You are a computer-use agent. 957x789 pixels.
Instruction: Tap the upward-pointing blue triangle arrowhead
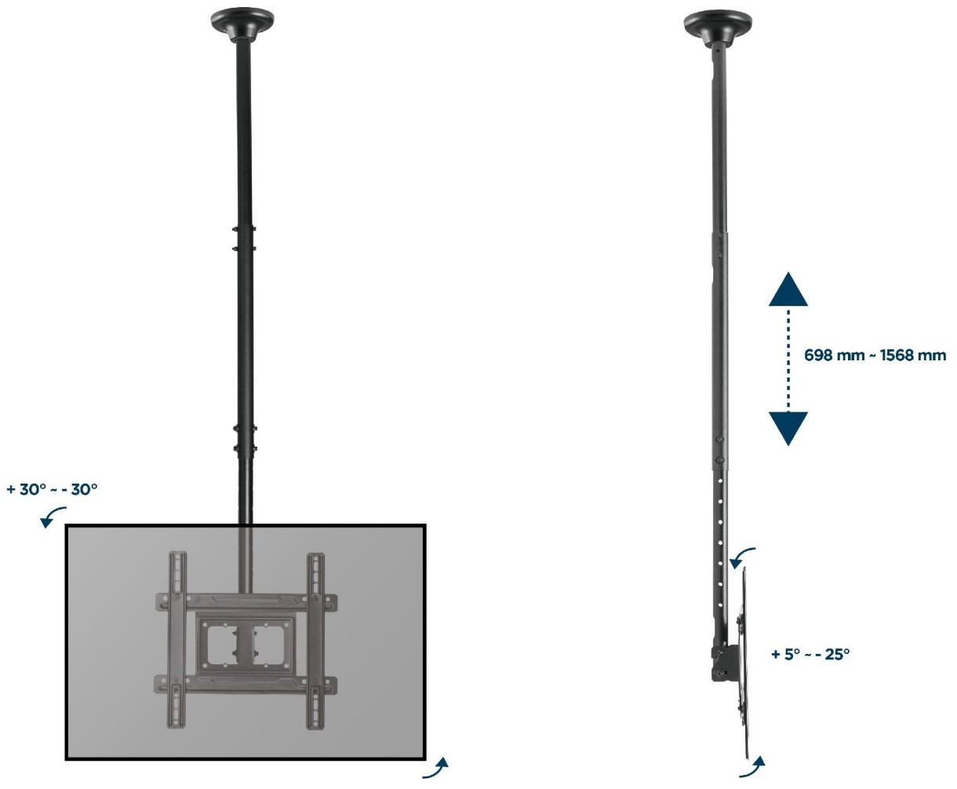click(788, 289)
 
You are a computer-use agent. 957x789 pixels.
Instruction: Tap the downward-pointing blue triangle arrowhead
click(788, 429)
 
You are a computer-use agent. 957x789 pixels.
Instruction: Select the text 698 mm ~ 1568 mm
click(875, 355)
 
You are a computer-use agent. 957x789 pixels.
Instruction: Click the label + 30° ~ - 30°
click(53, 489)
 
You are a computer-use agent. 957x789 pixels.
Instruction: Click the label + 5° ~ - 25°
click(810, 654)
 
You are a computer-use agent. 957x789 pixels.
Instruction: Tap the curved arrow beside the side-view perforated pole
click(740, 556)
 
